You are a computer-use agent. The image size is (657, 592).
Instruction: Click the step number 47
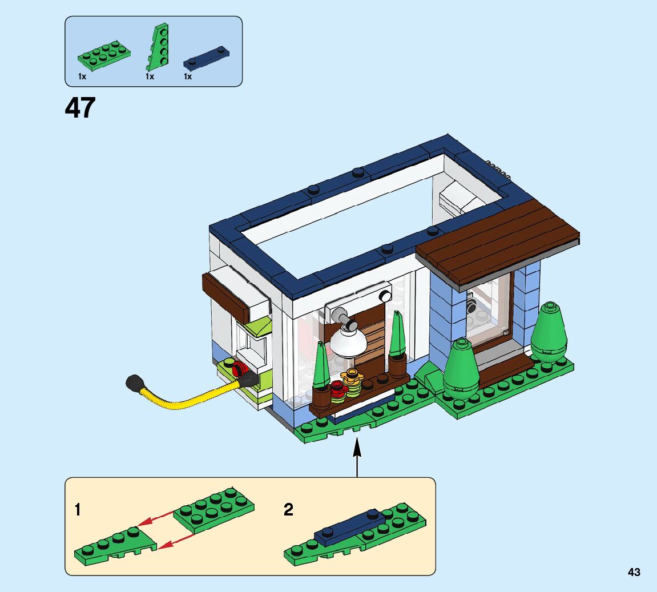coord(80,107)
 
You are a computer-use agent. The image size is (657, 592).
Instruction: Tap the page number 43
coord(634,572)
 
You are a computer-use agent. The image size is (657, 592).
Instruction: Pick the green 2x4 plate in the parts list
coord(104,54)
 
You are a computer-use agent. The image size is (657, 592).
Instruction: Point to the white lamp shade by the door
coord(348,342)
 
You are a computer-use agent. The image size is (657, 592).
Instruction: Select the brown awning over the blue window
coord(497,240)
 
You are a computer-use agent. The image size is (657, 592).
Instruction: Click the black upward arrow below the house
coord(357,457)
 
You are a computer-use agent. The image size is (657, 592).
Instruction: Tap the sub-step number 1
coord(78,510)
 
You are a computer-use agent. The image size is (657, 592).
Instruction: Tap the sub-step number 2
coord(288,510)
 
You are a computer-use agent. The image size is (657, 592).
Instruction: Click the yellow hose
coord(188,397)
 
